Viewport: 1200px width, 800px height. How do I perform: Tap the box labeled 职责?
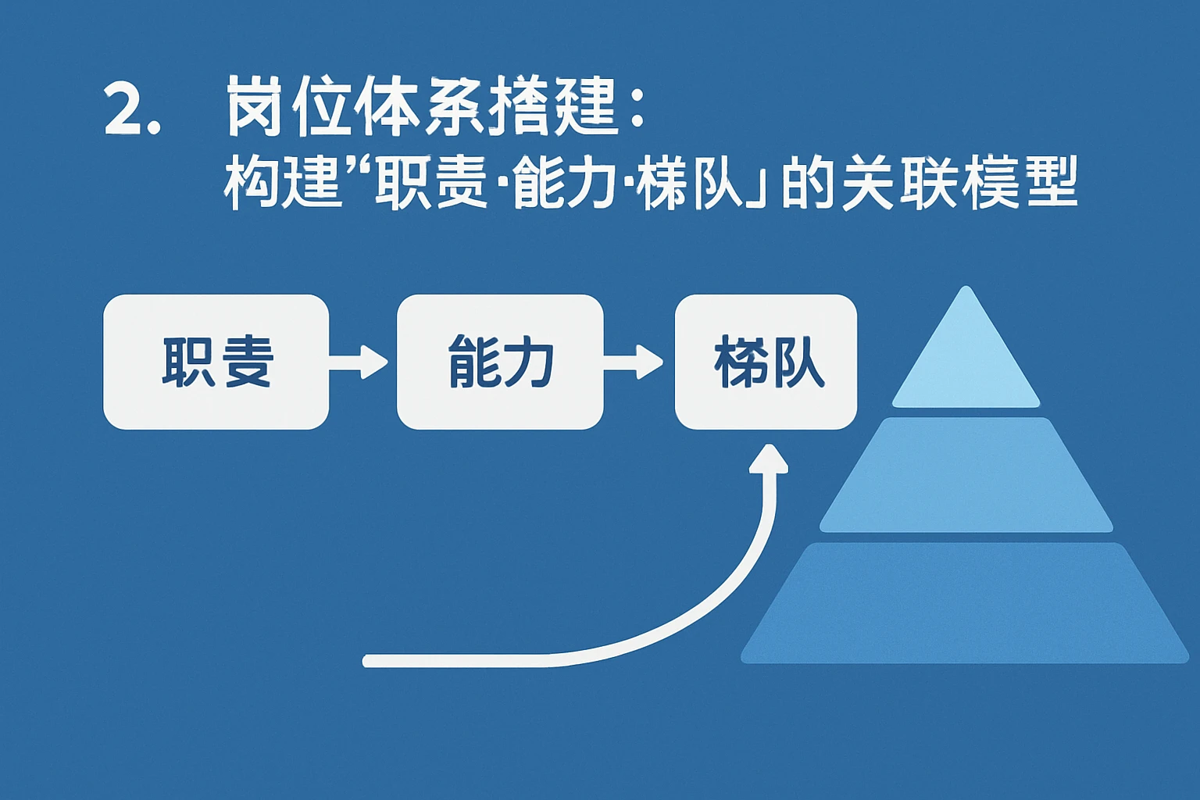point(216,362)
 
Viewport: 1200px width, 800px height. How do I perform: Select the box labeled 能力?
point(500,362)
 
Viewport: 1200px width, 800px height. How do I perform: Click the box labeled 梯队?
point(766,362)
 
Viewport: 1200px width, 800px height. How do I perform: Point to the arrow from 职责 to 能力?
point(359,362)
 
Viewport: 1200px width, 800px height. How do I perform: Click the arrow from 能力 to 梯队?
point(634,362)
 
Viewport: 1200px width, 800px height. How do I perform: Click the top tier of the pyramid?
point(966,359)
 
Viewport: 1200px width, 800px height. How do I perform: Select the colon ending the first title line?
point(636,109)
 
